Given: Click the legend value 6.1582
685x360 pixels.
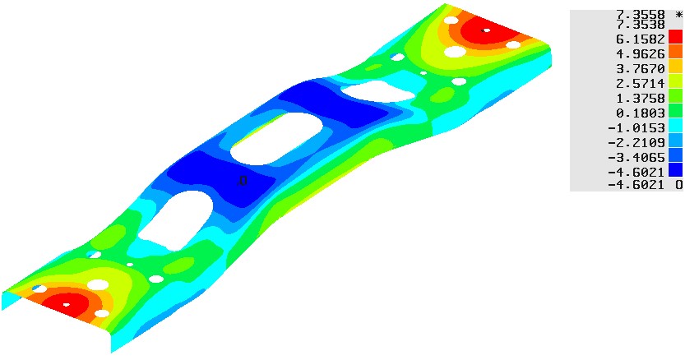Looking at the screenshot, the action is click(x=640, y=39).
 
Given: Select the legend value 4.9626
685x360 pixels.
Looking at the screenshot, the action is click(x=640, y=54).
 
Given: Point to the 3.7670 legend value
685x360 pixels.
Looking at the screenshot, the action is click(x=640, y=69).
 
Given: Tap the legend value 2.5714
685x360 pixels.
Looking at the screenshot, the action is click(x=640, y=84).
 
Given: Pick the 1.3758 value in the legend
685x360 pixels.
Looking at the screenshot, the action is click(x=640, y=99).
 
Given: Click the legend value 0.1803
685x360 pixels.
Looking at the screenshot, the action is click(x=640, y=113).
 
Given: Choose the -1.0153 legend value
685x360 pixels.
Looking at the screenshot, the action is click(x=636, y=128).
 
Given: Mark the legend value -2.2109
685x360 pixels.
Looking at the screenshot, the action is click(x=636, y=142).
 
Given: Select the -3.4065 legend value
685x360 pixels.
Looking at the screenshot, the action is click(x=636, y=157).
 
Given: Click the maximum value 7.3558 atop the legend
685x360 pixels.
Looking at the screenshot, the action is click(x=640, y=15).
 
